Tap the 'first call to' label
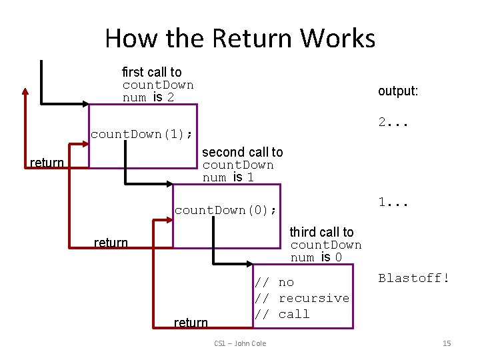(151, 72)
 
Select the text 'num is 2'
(149, 97)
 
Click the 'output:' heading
(398, 91)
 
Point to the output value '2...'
(393, 122)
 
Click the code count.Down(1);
(141, 134)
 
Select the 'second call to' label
(243, 152)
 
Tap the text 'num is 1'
(229, 177)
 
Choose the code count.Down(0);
(225, 211)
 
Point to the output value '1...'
(393, 202)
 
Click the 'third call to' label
(321, 232)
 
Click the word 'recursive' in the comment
(313, 298)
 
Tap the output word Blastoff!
(414, 279)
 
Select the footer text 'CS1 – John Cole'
(241, 343)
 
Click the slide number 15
(447, 343)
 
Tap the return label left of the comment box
(191, 323)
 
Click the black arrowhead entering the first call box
(85, 104)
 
